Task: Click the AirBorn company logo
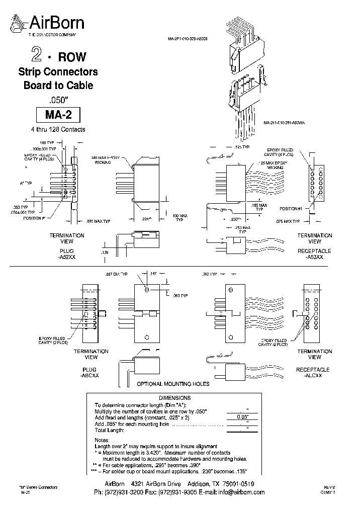click(x=48, y=24)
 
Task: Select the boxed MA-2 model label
click(x=58, y=115)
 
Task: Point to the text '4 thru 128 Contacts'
click(x=58, y=129)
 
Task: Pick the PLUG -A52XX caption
click(x=67, y=253)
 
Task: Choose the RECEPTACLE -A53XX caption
click(x=314, y=253)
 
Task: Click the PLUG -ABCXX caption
click(x=90, y=373)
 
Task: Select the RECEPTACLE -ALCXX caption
click(x=314, y=373)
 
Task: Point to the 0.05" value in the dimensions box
click(x=240, y=417)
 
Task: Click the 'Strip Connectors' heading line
click(x=58, y=72)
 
